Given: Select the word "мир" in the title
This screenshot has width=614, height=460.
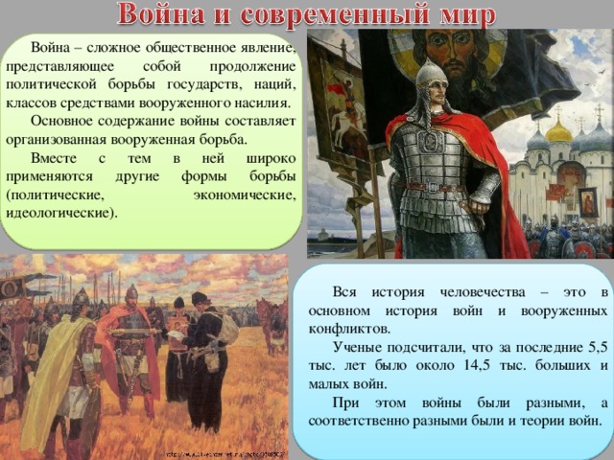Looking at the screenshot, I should coord(460,16).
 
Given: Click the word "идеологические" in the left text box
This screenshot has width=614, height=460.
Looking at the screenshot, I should coord(59,212).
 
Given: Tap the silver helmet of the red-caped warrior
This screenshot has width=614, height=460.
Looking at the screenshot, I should coord(430,77).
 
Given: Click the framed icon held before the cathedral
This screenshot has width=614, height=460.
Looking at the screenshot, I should coord(587,201).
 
